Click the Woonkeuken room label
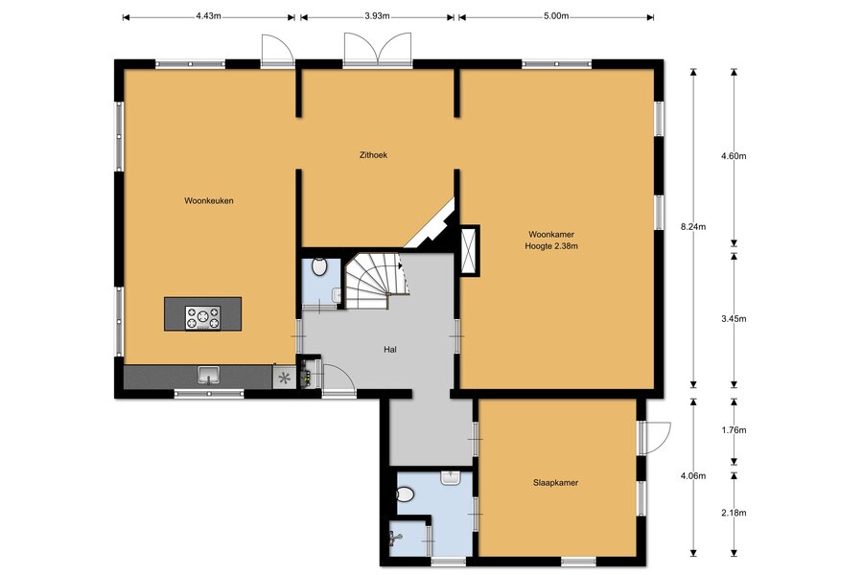click(209, 201)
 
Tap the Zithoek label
click(373, 155)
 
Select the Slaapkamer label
click(555, 483)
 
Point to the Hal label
click(390, 350)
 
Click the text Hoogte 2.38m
click(551, 246)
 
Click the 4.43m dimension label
click(209, 16)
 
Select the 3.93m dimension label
click(377, 16)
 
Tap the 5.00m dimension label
click(556, 16)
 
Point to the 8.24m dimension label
click(693, 227)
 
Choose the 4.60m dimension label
click(734, 155)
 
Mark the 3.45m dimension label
click(734, 318)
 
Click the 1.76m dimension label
click(734, 430)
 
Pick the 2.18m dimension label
click(734, 513)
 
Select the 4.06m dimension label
click(693, 476)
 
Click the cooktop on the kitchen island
click(202, 318)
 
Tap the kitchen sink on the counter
click(209, 376)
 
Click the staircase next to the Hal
click(376, 281)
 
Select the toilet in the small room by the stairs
click(319, 266)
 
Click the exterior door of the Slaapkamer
click(655, 438)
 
